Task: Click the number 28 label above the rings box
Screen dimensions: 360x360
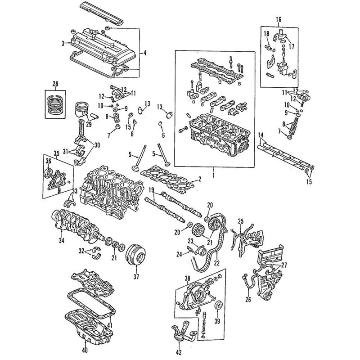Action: click(x=55, y=84)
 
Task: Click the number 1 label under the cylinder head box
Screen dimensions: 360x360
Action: click(x=214, y=173)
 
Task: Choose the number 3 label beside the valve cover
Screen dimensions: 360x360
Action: click(x=63, y=43)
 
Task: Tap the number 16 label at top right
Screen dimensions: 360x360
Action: click(x=278, y=19)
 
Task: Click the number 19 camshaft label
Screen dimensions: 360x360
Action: click(x=152, y=190)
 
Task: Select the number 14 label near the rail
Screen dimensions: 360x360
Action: click(x=261, y=135)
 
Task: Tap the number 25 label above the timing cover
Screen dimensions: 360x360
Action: click(x=240, y=221)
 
